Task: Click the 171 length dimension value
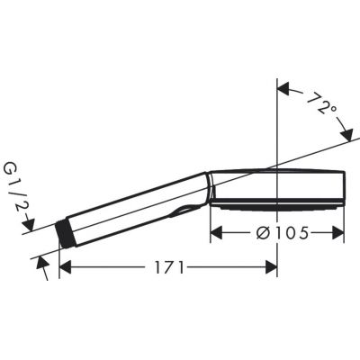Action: (168, 267)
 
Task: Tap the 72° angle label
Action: (320, 106)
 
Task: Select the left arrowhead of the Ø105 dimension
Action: (216, 233)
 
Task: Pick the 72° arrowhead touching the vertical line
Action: (283, 88)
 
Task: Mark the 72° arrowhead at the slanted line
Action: (347, 134)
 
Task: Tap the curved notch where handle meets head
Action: (184, 212)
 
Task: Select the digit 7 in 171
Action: (168, 267)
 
